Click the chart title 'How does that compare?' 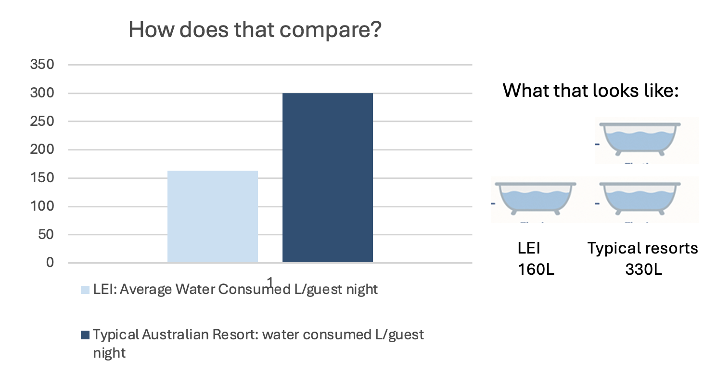click(x=255, y=31)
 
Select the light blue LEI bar click(x=212, y=216)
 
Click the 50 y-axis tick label click(x=46, y=235)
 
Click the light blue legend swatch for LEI click(x=85, y=290)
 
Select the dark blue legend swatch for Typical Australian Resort click(x=85, y=335)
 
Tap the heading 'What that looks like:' click(x=590, y=90)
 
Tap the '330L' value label click(x=643, y=269)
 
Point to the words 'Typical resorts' click(x=642, y=248)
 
